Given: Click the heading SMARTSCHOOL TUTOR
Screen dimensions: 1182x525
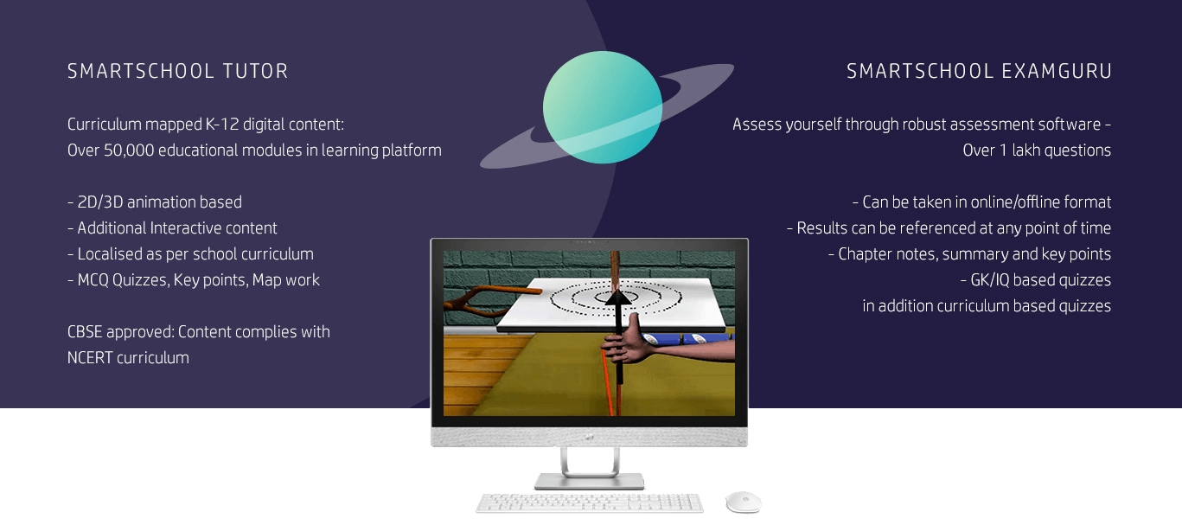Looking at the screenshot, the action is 178,71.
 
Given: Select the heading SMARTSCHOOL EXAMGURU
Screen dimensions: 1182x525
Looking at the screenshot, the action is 980,71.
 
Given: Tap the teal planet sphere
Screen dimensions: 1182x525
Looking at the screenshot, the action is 603,107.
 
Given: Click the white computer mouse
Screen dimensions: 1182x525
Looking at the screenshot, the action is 744,502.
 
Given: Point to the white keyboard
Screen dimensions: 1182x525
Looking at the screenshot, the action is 590,503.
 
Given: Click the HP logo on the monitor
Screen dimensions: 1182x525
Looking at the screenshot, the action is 589,437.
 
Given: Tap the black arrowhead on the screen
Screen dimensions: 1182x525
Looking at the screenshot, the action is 617,297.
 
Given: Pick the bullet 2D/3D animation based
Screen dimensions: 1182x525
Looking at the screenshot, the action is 155,202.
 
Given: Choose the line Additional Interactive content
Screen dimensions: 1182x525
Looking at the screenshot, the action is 173,228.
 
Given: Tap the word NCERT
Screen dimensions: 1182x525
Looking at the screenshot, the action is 90,358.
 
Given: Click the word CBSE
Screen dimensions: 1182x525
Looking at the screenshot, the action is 85,332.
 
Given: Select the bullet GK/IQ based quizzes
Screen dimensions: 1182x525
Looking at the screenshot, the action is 1036,280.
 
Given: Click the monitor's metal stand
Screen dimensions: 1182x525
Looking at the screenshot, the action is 590,469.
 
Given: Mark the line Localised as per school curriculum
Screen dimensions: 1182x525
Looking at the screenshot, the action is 190,254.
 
